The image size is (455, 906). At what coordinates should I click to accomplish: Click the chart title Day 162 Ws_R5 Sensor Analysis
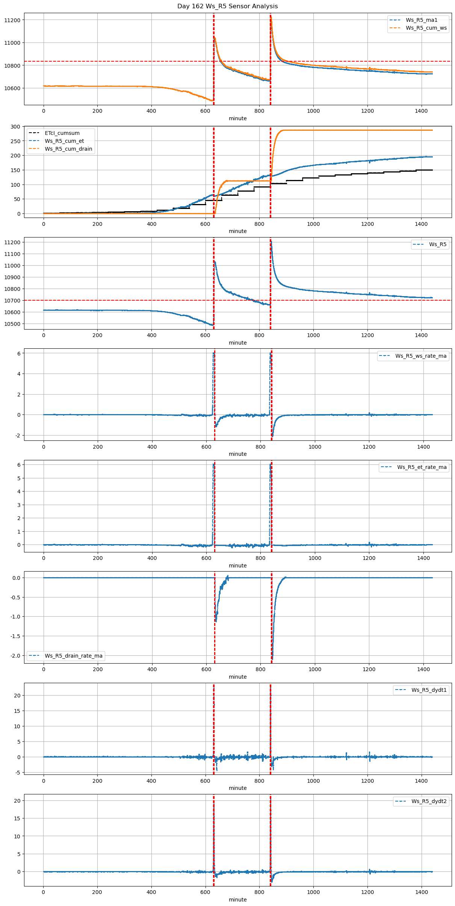(227, 6)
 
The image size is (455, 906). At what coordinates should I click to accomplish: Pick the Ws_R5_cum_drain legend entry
(68, 149)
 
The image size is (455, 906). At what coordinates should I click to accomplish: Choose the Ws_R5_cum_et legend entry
(64, 141)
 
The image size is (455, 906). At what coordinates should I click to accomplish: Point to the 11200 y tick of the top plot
(15, 20)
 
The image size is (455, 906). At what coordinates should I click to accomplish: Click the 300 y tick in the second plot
(16, 127)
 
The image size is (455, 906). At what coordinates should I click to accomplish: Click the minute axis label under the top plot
(238, 118)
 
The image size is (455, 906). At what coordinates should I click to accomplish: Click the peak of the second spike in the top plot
(271, 17)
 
